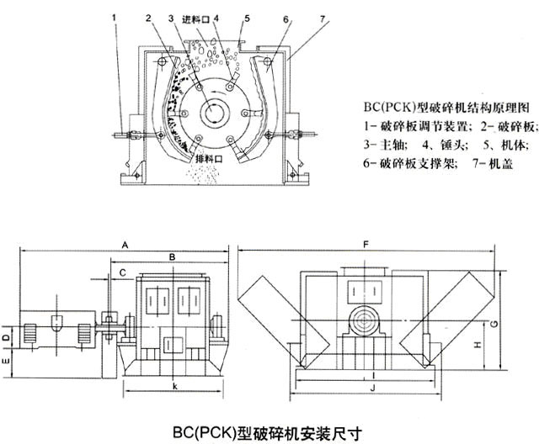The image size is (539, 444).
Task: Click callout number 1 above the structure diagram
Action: (x=115, y=18)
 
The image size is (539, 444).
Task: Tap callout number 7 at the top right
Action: (x=322, y=18)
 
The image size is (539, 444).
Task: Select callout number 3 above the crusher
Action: (x=172, y=18)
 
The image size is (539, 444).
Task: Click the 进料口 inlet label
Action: (x=196, y=20)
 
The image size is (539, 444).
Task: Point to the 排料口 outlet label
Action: (x=209, y=159)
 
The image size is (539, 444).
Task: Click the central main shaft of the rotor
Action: (x=216, y=112)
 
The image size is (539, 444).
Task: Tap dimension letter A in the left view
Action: (x=125, y=245)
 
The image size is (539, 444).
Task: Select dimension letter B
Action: (x=173, y=256)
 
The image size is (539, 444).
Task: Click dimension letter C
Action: (x=122, y=272)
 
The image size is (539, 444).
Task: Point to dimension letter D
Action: (x=6, y=338)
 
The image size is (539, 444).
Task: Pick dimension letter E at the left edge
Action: (x=6, y=361)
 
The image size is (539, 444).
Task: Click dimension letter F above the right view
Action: (x=366, y=245)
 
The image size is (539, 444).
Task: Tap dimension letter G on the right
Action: (x=494, y=323)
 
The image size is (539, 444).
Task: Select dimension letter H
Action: (x=478, y=345)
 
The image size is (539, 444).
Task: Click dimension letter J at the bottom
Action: (x=372, y=388)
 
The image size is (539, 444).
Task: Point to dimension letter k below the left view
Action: (x=175, y=386)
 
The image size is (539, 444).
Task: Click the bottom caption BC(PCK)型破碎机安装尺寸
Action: (x=267, y=433)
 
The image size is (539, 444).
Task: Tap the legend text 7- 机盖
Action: (x=493, y=163)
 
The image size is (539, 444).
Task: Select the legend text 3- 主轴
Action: (x=386, y=145)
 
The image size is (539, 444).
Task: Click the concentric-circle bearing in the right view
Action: (x=363, y=320)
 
